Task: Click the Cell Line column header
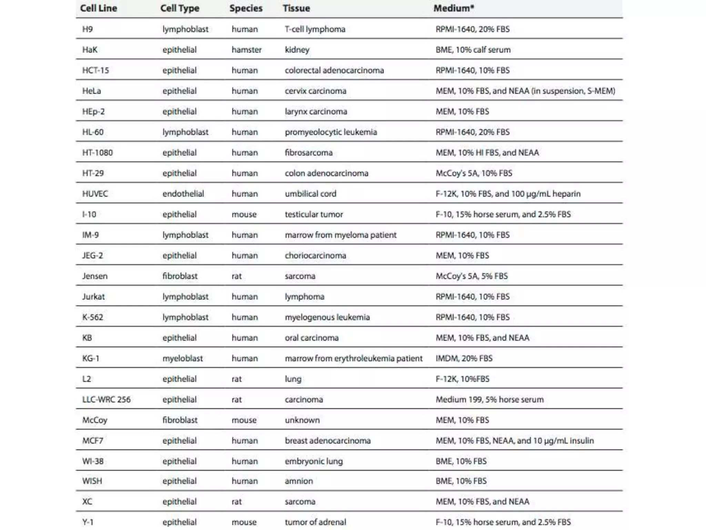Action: click(x=99, y=8)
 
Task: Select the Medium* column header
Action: click(x=454, y=8)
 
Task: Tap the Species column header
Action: click(x=246, y=8)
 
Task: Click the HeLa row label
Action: click(x=92, y=91)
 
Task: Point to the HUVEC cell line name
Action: click(x=95, y=194)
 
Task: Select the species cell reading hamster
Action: click(x=246, y=50)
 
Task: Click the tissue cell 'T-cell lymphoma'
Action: click(x=315, y=29)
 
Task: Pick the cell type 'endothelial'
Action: click(x=183, y=194)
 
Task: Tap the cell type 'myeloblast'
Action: click(x=182, y=359)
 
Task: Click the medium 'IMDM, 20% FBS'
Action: click(x=464, y=359)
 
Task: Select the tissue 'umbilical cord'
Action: click(x=310, y=194)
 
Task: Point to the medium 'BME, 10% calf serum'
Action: click(x=473, y=50)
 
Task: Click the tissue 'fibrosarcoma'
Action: click(x=309, y=153)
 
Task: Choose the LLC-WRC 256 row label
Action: click(x=106, y=400)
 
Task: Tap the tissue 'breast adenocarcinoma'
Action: click(x=327, y=441)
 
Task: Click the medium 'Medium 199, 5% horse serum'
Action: click(x=490, y=400)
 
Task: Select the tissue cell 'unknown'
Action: click(x=302, y=420)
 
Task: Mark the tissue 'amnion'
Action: click(x=299, y=481)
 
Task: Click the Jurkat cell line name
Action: click(x=93, y=297)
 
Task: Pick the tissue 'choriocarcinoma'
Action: click(x=315, y=256)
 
